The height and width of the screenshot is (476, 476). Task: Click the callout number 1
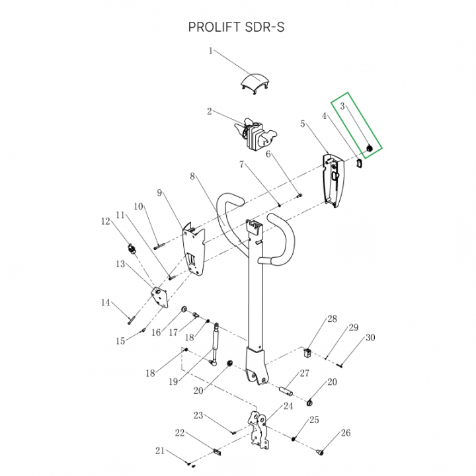(x=211, y=50)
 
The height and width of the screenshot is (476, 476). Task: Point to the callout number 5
(x=303, y=124)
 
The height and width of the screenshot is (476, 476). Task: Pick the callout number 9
(x=160, y=192)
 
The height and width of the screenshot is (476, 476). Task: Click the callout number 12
(x=105, y=221)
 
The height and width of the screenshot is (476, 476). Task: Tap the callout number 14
(x=105, y=303)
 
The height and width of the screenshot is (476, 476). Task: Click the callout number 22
(x=179, y=433)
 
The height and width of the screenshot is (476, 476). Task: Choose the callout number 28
(x=332, y=321)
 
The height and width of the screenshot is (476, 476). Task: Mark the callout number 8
(x=192, y=177)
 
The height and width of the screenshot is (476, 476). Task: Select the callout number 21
(x=159, y=451)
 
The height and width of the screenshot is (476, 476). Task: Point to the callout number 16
(x=156, y=333)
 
